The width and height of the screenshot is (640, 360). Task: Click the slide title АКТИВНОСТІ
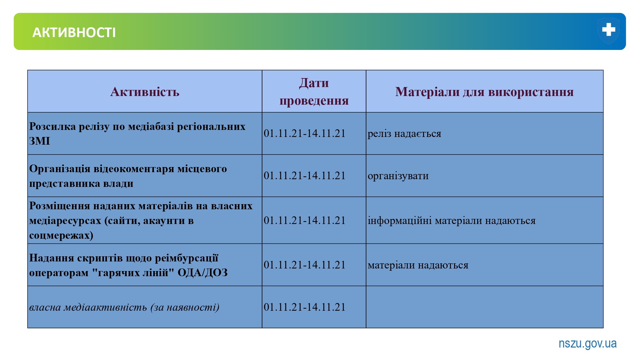click(x=74, y=33)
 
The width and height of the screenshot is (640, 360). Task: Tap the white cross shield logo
click(x=608, y=31)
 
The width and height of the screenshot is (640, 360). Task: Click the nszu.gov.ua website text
click(x=588, y=343)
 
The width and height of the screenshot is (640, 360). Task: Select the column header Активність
click(x=145, y=92)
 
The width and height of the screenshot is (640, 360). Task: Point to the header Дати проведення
click(x=314, y=92)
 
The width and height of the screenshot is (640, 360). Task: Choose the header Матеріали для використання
click(x=484, y=92)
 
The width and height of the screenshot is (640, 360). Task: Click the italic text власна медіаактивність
click(x=88, y=307)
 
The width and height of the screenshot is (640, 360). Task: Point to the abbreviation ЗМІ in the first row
click(x=40, y=141)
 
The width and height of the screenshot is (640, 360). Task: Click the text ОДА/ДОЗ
click(x=203, y=273)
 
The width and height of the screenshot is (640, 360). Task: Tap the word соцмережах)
click(x=61, y=235)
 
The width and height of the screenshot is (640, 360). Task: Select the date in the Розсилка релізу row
click(x=305, y=133)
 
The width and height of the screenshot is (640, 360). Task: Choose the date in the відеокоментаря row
click(x=305, y=176)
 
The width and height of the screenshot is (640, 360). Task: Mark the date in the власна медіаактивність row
click(x=305, y=307)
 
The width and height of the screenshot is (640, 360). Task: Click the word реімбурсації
click(x=187, y=258)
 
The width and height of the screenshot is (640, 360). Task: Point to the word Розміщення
click(x=60, y=206)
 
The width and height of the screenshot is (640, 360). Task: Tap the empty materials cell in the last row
click(x=484, y=307)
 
